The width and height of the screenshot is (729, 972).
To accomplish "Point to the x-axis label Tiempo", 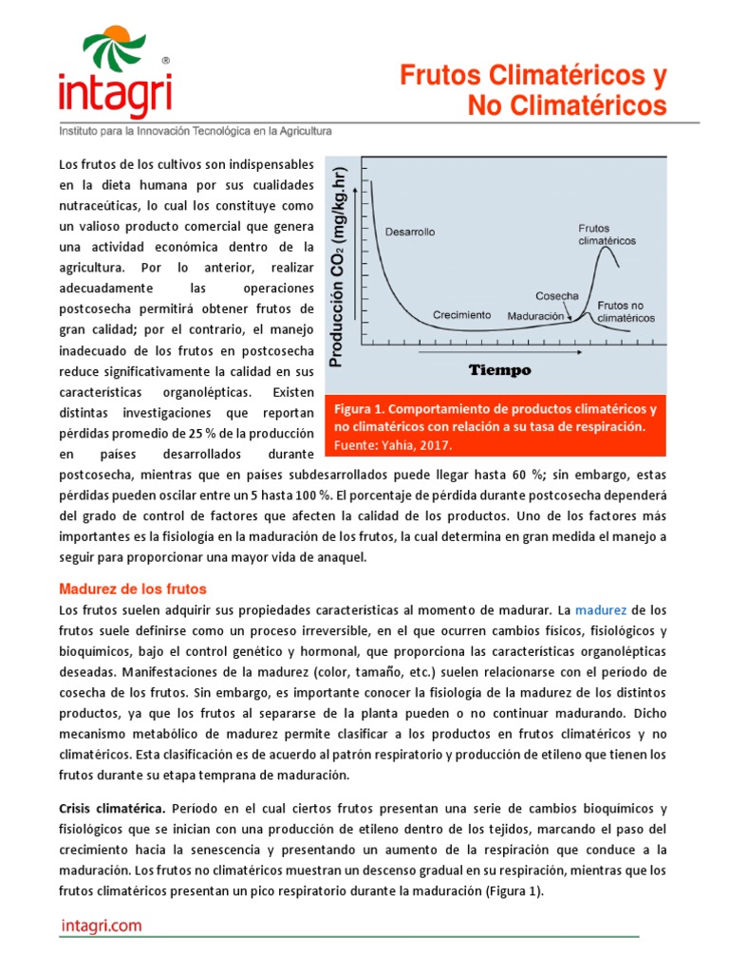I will [x=498, y=369].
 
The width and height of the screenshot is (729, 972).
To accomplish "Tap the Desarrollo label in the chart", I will [x=409, y=231].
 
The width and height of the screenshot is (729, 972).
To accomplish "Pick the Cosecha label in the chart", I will [x=557, y=295].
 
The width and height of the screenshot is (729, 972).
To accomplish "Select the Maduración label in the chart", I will [x=535, y=315].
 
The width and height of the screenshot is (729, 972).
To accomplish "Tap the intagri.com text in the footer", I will [x=101, y=925].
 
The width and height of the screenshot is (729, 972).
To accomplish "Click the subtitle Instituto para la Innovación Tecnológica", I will [x=196, y=132].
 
